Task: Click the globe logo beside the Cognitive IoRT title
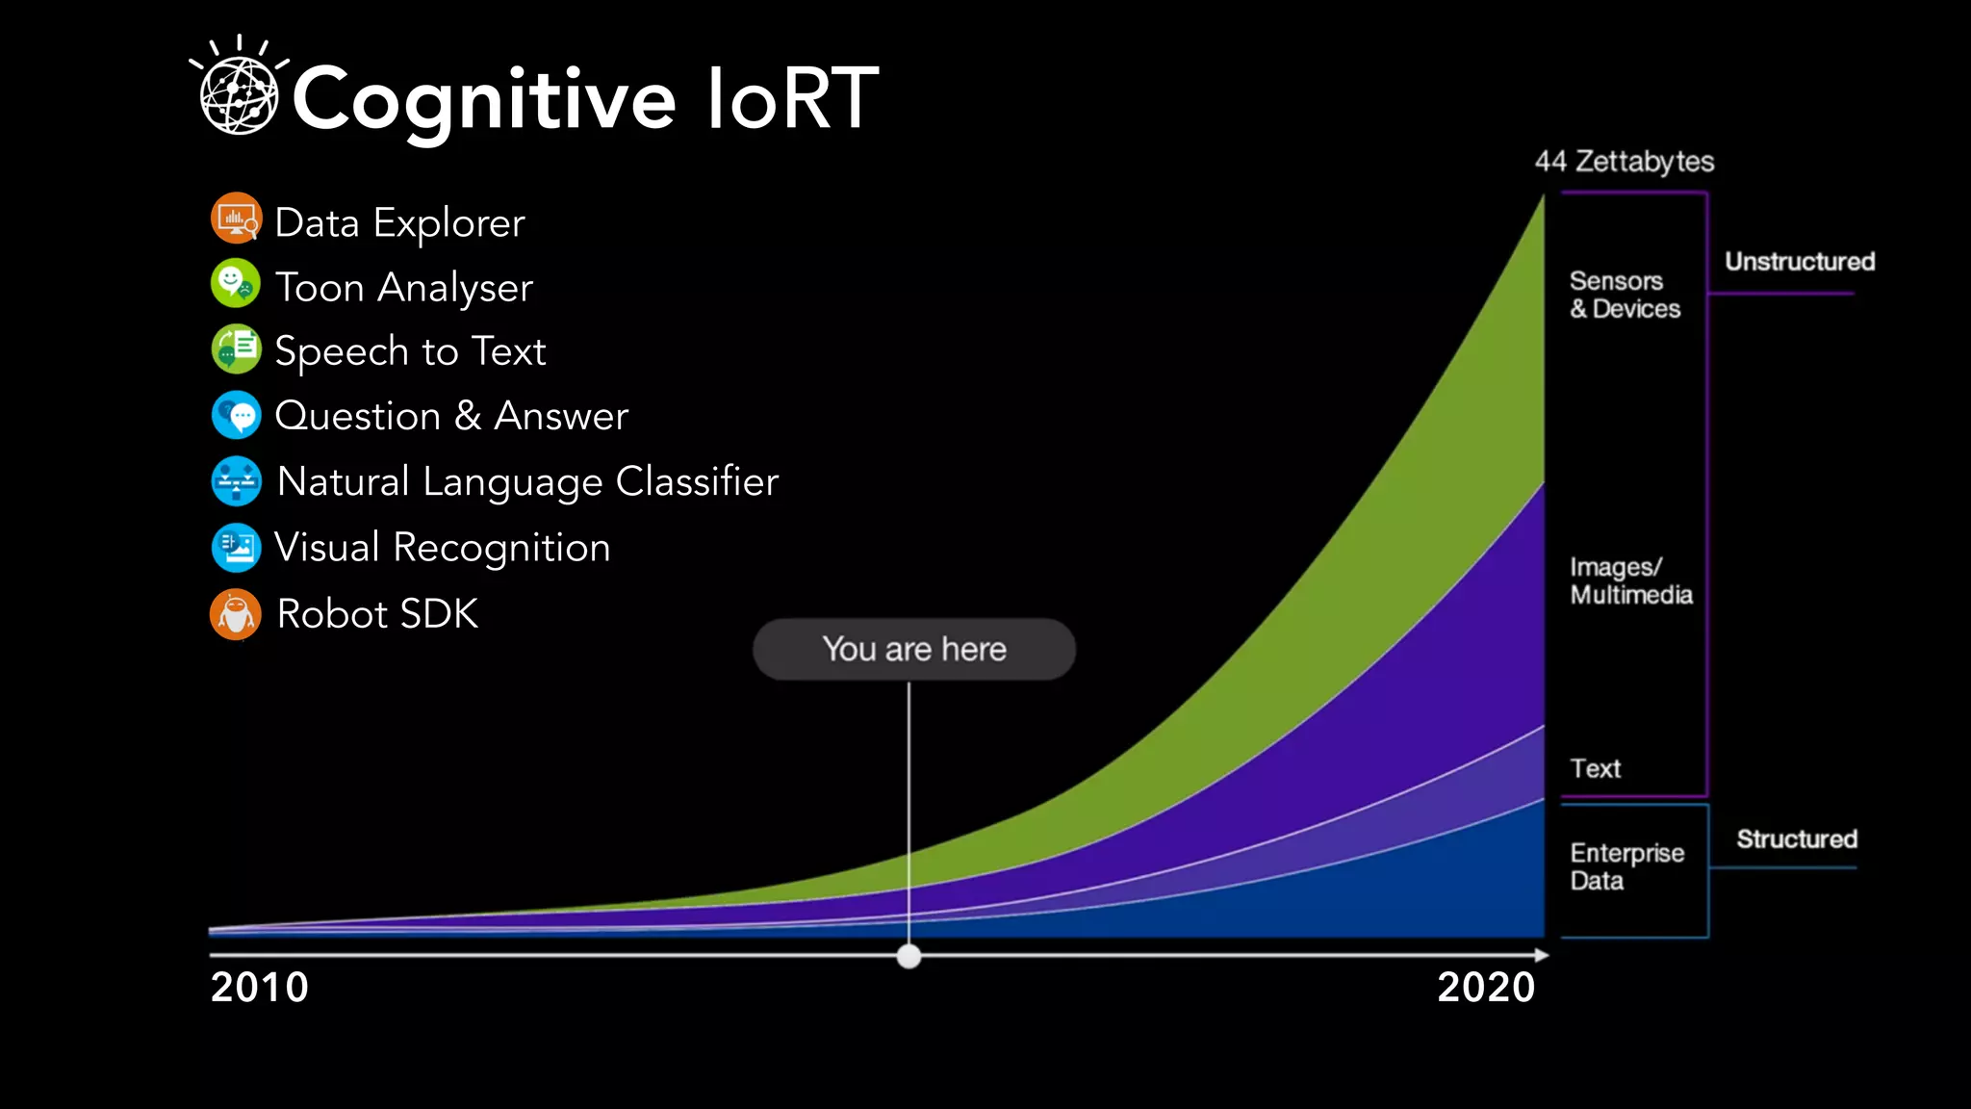[239, 94]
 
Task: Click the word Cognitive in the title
[484, 100]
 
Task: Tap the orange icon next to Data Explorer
[236, 219]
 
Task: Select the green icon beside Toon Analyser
[236, 284]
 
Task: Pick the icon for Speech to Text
[236, 348]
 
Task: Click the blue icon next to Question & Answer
[236, 415]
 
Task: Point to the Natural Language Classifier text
[527, 481]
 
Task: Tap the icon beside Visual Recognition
[236, 547]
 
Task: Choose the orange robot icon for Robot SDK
[236, 614]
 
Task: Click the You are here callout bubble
[913, 649]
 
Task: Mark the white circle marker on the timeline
[909, 956]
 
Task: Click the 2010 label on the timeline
[259, 988]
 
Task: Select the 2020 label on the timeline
[1485, 988]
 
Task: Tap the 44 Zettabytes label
[1624, 161]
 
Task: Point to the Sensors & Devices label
[1625, 295]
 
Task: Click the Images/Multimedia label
[1630, 580]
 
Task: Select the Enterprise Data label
[1626, 866]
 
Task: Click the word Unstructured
[1799, 262]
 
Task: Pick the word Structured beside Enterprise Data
[1796, 839]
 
